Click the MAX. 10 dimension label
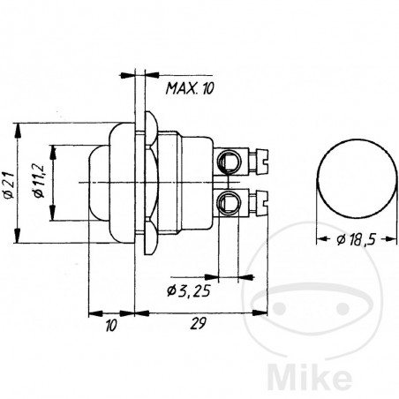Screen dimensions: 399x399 [190, 87]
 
